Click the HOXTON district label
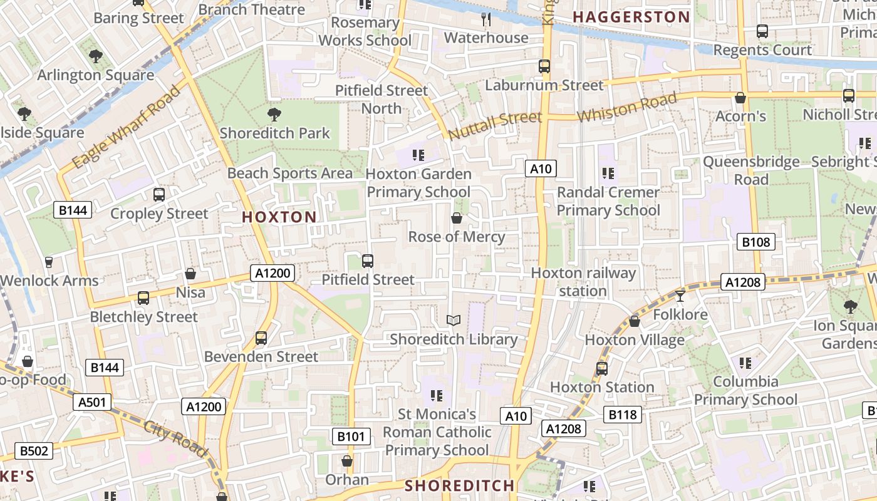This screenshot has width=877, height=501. (279, 217)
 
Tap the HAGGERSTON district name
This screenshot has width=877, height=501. (631, 17)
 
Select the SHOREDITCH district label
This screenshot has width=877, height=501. (459, 485)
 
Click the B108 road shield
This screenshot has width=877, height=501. (755, 242)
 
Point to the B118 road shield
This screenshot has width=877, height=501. (623, 414)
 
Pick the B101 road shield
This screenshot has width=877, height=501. (351, 436)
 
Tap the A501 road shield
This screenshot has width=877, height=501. (92, 402)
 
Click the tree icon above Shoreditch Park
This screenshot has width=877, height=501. (274, 115)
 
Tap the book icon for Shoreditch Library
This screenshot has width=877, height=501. (454, 321)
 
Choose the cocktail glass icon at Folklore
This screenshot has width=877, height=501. (680, 296)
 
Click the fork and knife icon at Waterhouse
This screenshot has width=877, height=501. (486, 19)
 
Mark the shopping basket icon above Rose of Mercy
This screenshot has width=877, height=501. (457, 218)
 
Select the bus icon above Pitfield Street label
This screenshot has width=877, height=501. (368, 261)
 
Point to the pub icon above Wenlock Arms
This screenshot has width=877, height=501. (49, 262)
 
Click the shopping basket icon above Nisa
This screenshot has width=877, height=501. (190, 274)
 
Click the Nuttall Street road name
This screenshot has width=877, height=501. (495, 125)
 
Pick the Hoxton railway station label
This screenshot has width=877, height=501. (583, 282)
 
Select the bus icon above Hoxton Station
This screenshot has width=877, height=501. (602, 368)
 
